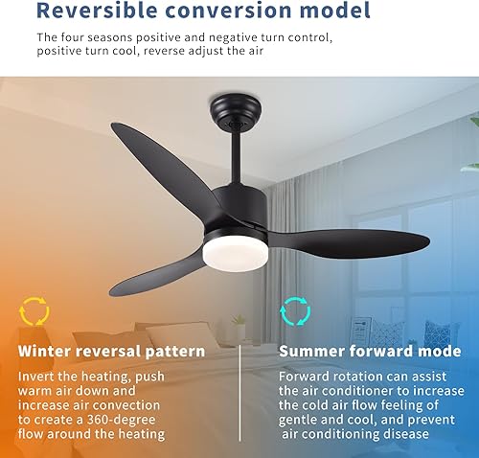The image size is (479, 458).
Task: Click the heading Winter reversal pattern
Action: [x=111, y=352]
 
